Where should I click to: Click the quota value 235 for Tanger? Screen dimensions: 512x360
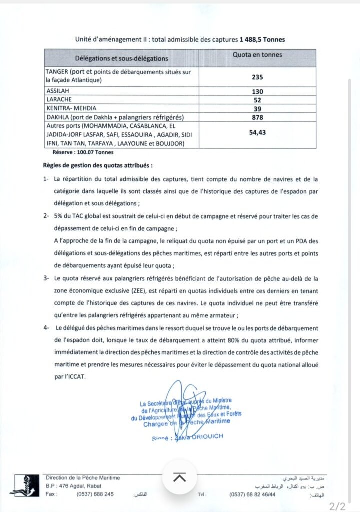pos(257,77)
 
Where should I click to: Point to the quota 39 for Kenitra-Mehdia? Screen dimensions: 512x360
pos(257,108)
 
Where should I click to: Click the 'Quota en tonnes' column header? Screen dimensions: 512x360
pos(257,55)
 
